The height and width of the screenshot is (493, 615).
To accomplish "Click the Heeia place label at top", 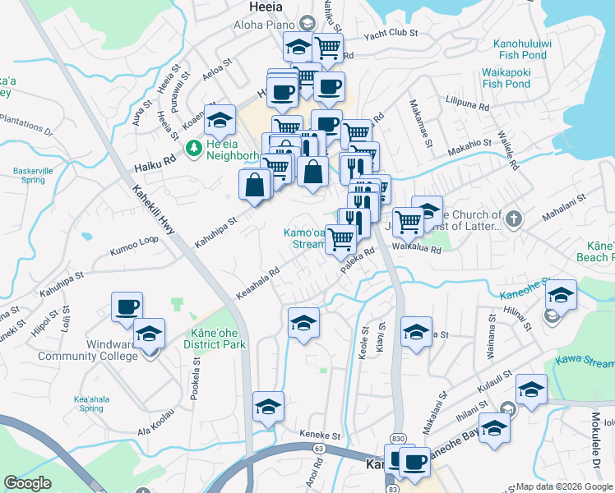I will click(x=267, y=7).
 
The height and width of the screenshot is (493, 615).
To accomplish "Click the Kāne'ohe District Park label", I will click(x=218, y=339).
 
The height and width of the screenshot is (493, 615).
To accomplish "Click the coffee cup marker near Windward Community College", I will click(x=127, y=307).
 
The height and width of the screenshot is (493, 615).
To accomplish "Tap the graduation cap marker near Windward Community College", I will click(x=149, y=334).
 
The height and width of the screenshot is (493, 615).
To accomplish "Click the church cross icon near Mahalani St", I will click(x=513, y=219).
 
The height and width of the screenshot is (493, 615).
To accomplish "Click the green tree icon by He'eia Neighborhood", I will click(x=194, y=149).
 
